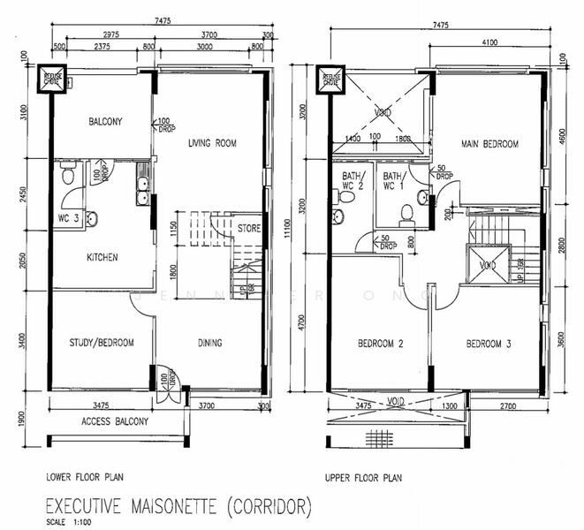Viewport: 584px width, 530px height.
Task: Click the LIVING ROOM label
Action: coord(212,143)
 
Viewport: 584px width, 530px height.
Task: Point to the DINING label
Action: coord(209,343)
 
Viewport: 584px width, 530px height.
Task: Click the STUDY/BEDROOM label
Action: coord(102,343)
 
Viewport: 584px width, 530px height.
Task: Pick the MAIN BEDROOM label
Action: coord(489,144)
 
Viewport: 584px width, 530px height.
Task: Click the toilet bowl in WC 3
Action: coord(68,175)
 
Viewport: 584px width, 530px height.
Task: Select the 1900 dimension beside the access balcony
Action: coord(22,415)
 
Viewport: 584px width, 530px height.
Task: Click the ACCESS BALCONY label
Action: coord(114,422)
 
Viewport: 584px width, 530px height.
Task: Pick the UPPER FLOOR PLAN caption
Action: coord(363,477)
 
